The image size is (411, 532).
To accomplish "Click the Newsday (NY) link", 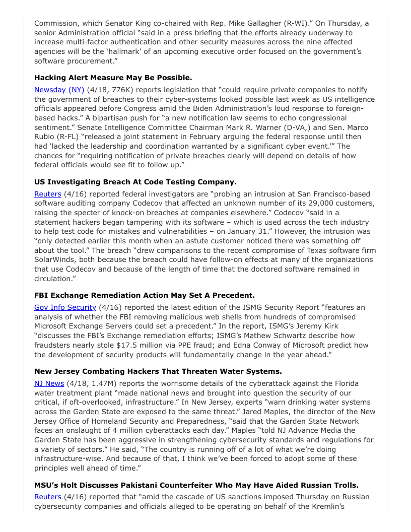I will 59,90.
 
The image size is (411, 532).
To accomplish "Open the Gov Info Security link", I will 65,307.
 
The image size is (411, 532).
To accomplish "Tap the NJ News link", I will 49,383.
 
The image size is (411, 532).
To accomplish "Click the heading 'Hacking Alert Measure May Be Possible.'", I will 113,78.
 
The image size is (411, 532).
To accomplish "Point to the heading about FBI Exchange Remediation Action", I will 144,295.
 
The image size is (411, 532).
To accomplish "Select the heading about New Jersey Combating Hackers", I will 158,371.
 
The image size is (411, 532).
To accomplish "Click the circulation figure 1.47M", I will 96,383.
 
